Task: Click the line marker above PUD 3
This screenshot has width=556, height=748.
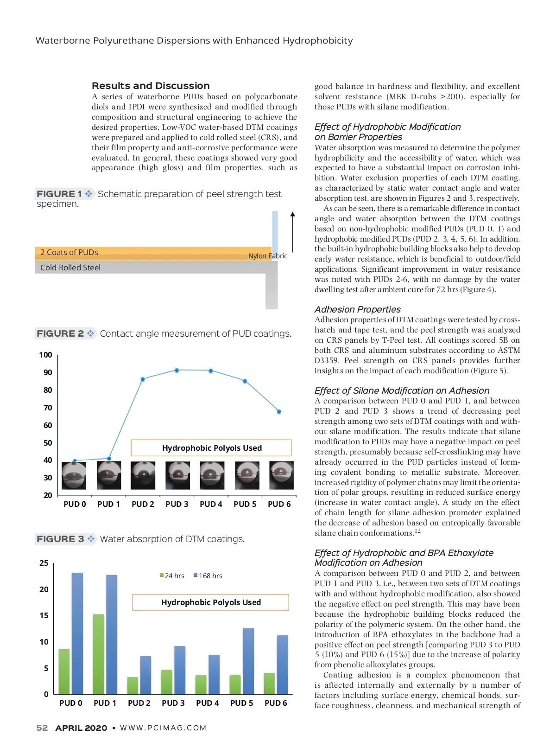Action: click(177, 370)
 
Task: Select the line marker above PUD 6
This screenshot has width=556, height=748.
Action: click(279, 411)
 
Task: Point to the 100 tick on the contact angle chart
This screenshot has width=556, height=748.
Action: click(45, 355)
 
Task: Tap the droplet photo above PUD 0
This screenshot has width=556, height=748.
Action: click(74, 475)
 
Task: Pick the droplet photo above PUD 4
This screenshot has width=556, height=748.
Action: click(212, 475)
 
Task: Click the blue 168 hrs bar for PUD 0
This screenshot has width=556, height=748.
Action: click(77, 633)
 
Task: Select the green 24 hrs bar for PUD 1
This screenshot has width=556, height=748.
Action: click(98, 654)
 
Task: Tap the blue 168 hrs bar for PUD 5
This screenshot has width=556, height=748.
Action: click(248, 661)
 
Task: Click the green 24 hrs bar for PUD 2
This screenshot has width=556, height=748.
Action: click(133, 685)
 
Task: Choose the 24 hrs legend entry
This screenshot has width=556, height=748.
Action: click(172, 575)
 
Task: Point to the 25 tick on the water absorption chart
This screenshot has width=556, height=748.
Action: click(44, 563)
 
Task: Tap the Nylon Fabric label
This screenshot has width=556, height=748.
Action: click(267, 256)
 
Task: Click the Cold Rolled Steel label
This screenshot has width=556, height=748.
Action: click(70, 268)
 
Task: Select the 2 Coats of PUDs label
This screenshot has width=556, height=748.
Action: click(69, 252)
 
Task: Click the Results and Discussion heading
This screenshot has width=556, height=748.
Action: click(151, 86)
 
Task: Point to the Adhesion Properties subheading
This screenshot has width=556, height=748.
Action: click(357, 309)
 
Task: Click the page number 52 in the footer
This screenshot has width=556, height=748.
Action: click(42, 728)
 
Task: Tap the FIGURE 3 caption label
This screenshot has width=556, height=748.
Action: click(60, 539)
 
